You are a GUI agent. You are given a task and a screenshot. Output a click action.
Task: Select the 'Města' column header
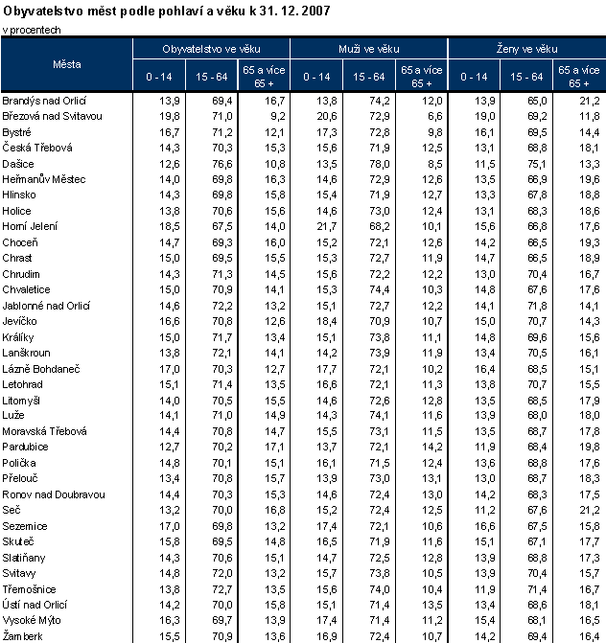click(x=67, y=64)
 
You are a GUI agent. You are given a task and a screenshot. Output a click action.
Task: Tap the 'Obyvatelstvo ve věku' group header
click(x=212, y=48)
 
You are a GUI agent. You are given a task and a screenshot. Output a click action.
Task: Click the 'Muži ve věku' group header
click(x=369, y=48)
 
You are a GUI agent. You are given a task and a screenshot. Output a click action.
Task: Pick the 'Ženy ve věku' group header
click(x=525, y=48)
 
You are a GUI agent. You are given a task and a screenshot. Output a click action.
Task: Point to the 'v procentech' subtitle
click(x=30, y=30)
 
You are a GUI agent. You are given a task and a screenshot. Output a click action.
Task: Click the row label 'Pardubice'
click(x=26, y=447)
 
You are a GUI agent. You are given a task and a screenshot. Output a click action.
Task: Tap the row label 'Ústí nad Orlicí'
click(x=35, y=605)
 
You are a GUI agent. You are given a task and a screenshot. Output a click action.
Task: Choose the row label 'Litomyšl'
click(x=23, y=400)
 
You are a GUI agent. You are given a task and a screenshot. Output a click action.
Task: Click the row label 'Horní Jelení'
click(x=31, y=225)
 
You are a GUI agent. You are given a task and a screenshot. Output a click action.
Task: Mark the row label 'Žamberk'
click(x=25, y=636)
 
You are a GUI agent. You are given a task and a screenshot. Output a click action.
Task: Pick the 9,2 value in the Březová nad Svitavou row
click(x=277, y=115)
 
